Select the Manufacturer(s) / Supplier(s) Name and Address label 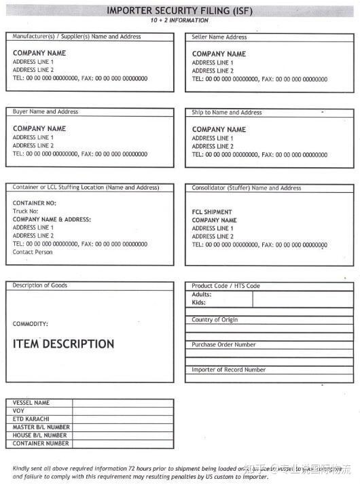(x=77, y=36)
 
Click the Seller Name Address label (x=219, y=37)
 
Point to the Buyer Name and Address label (x=46, y=111)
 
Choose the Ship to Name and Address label (x=227, y=112)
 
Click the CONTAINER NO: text (x=34, y=203)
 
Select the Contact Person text (x=33, y=252)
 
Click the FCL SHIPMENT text (x=212, y=212)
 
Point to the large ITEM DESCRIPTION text (x=63, y=344)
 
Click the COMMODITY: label (x=31, y=324)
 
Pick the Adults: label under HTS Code (x=202, y=295)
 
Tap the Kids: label (x=199, y=303)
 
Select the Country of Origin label (x=215, y=319)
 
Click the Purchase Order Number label (x=223, y=344)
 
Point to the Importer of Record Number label (x=228, y=370)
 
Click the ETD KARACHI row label (x=31, y=419)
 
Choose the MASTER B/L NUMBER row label (x=41, y=427)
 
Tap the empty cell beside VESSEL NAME (x=122, y=403)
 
